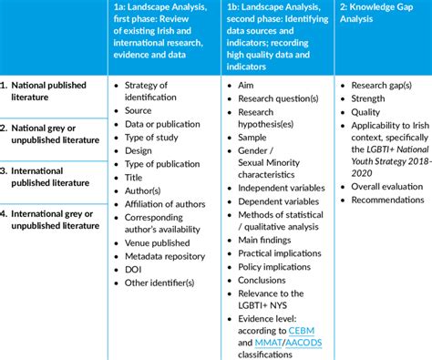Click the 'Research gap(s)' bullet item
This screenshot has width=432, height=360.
point(387,86)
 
